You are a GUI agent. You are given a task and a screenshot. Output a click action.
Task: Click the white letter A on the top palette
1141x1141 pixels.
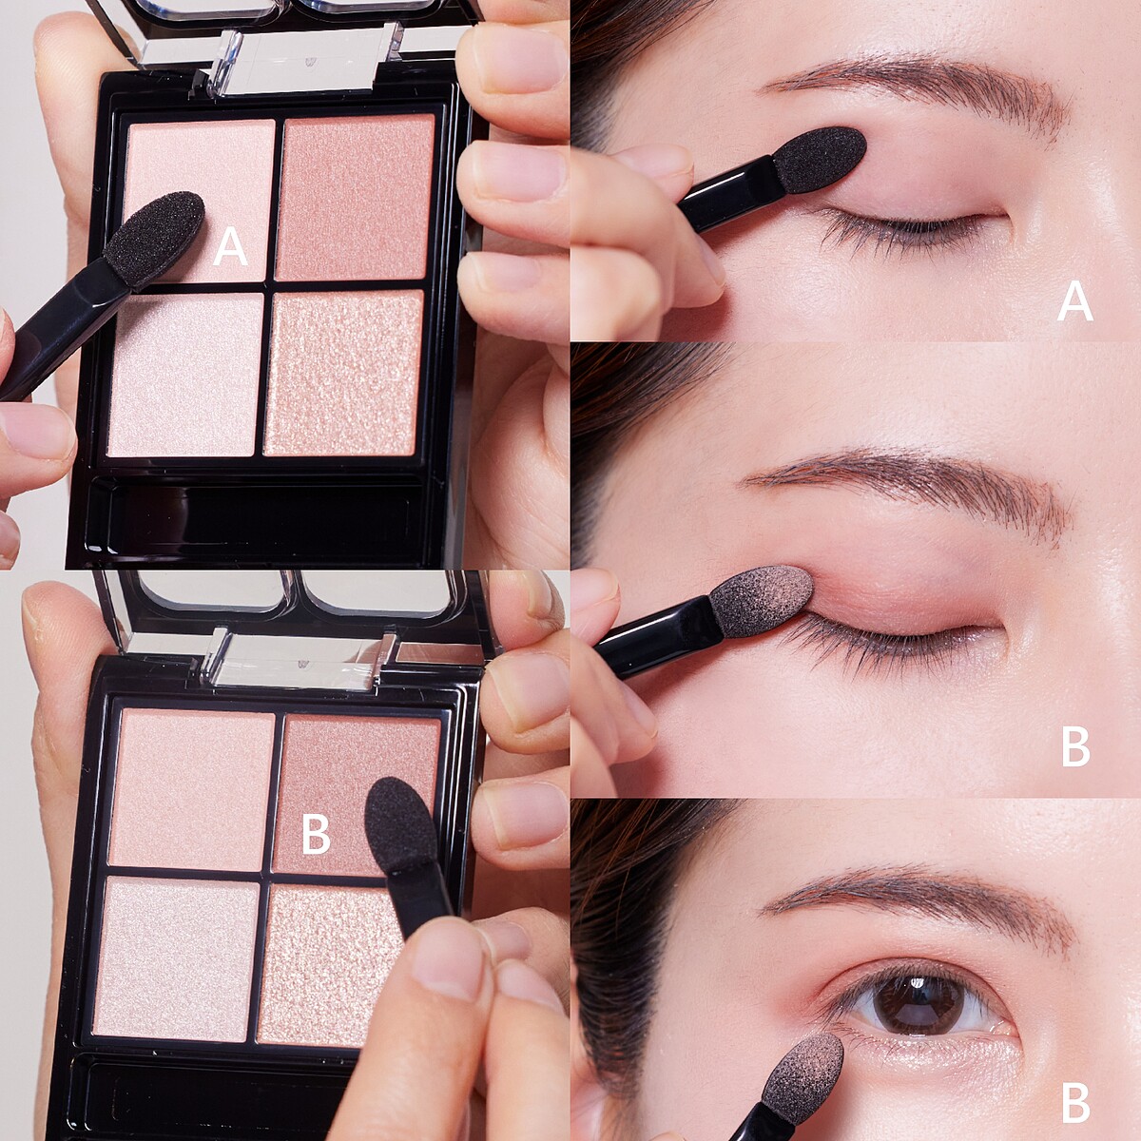230,246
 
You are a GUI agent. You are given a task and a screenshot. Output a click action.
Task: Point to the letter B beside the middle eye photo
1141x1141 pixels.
1075,747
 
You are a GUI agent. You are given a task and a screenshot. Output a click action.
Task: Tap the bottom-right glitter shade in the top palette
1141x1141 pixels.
343,373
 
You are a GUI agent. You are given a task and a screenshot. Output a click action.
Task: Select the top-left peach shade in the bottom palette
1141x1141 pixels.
192,790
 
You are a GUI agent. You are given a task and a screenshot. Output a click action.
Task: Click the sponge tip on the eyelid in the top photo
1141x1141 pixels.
821,159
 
